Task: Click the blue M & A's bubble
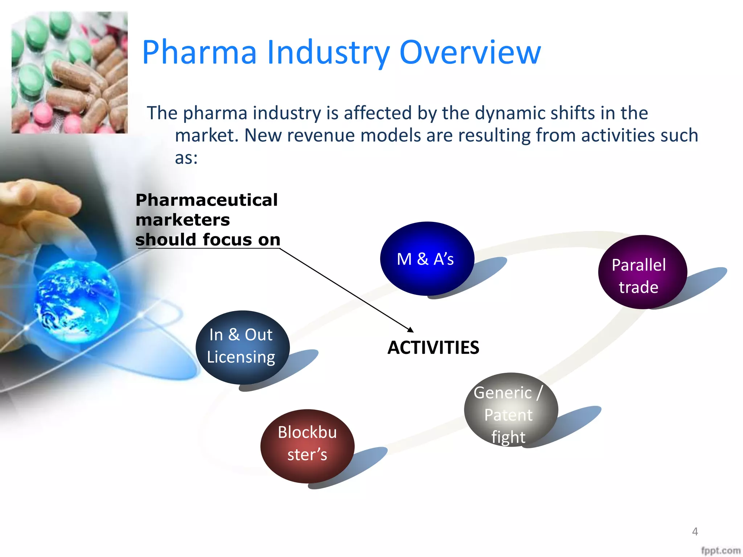click(427, 259)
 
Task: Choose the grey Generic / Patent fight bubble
click(510, 410)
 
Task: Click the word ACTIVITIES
click(433, 347)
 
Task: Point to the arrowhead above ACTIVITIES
click(411, 330)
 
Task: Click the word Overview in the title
click(470, 53)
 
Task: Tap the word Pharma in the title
click(199, 53)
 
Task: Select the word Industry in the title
click(328, 53)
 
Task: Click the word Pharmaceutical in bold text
click(206, 200)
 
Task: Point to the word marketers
click(182, 220)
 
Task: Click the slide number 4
click(695, 532)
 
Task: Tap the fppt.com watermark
click(721, 550)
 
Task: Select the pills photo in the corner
click(70, 73)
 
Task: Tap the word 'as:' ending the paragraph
click(186, 158)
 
